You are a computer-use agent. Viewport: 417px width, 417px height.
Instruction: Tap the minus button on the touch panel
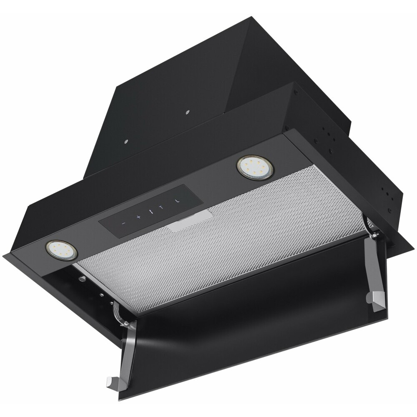coord(123,223)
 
